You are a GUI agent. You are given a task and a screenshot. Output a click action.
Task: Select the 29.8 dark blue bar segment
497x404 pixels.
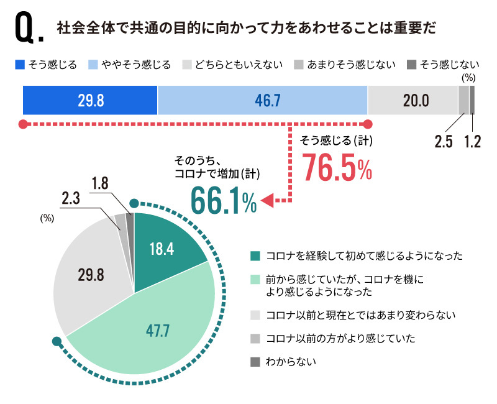[90, 100]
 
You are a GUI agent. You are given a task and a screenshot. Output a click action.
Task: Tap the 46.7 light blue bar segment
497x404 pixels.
[262, 100]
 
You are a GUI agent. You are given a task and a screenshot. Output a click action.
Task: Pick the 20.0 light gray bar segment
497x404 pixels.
[413, 100]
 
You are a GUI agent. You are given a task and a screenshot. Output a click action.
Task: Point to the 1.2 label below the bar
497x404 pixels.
[473, 140]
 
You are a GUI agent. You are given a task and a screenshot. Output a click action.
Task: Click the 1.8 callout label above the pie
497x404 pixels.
[101, 183]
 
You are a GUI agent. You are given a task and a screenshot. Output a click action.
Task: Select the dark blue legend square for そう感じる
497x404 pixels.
[19, 64]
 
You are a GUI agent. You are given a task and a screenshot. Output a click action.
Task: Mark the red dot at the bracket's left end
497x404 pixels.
[24, 123]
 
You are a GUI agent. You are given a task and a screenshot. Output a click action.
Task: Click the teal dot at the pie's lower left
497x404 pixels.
[57, 341]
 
